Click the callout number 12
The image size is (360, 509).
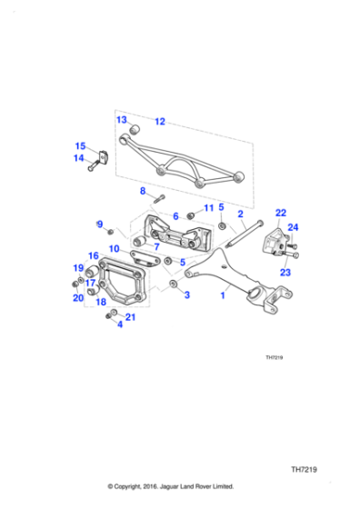pos(159,121)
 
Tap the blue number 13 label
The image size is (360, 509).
pos(121,120)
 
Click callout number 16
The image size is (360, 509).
pos(93,256)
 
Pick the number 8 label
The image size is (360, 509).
pos(142,191)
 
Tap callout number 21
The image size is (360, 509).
pos(130,316)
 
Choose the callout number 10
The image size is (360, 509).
pos(114,248)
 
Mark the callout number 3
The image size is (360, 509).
pos(186,295)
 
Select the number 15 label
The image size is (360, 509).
pos(80,145)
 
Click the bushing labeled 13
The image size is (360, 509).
pos(133,130)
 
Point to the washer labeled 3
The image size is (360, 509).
pos(172,285)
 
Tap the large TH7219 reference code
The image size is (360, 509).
pos(306,471)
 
